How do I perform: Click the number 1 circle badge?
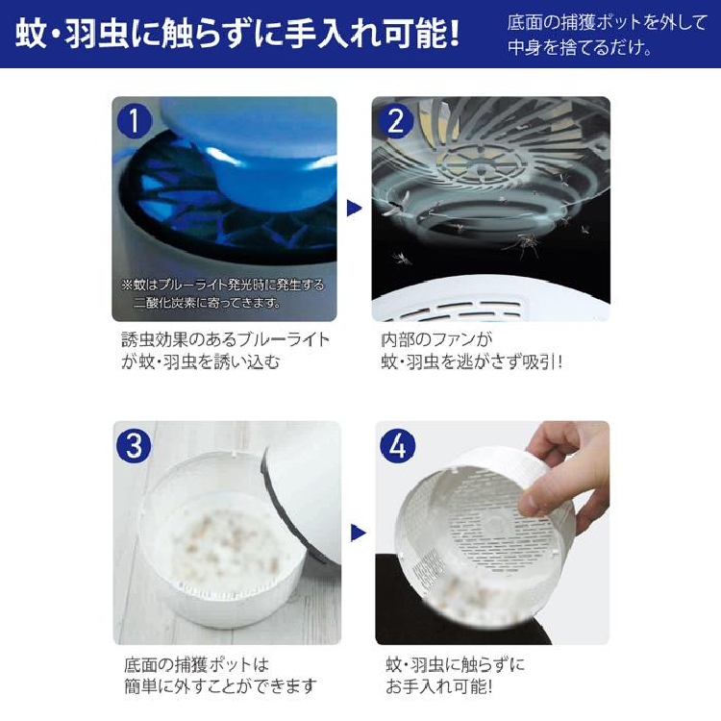(x=135, y=120)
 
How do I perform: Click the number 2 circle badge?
(x=394, y=121)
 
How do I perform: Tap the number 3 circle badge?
(x=134, y=446)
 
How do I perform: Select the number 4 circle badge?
(x=398, y=445)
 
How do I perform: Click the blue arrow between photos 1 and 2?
(x=354, y=208)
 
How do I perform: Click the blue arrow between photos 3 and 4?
(x=358, y=533)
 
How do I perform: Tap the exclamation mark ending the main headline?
(x=455, y=33)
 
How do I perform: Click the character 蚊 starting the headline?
(x=31, y=33)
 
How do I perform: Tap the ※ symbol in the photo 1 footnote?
(x=127, y=286)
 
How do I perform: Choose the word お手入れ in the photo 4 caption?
(x=419, y=686)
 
